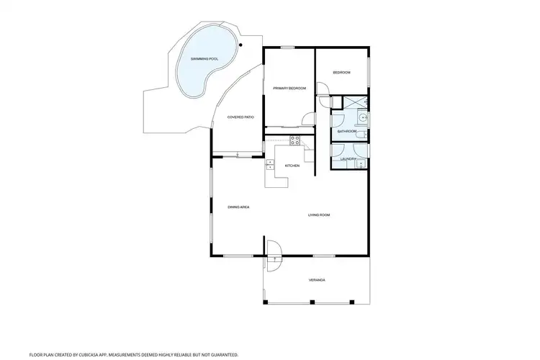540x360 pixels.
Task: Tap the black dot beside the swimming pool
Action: tap(241, 45)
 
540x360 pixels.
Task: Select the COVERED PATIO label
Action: tap(240, 117)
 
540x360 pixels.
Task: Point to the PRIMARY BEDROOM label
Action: tap(289, 88)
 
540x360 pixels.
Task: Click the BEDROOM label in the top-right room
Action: tap(341, 73)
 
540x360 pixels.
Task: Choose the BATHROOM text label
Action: tap(347, 131)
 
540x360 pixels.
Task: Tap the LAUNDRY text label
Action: tap(348, 158)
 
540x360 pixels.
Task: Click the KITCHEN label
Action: tap(292, 166)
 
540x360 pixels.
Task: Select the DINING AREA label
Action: tap(238, 207)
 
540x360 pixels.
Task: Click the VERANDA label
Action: tap(318, 279)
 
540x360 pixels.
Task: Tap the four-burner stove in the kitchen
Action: tap(294, 138)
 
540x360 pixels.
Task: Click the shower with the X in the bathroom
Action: tap(354, 102)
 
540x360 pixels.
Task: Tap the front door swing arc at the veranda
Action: tap(274, 249)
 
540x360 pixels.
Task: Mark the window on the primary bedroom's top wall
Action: tap(288, 48)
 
